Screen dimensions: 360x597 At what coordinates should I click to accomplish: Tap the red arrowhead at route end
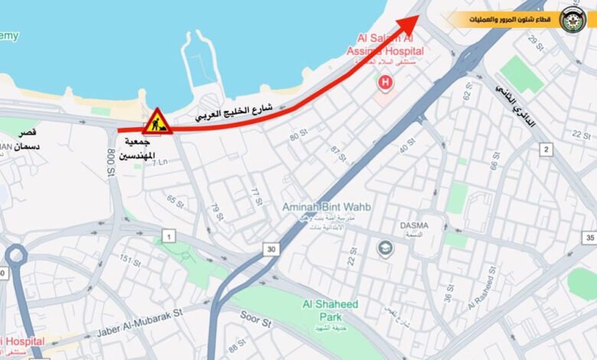tap(411, 22)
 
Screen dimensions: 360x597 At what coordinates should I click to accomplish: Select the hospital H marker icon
tap(385, 81)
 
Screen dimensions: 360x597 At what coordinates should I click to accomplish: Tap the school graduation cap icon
tap(384, 247)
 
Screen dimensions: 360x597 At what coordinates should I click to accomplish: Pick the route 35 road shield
tap(589, 238)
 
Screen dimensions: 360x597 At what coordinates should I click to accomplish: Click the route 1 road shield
tap(168, 237)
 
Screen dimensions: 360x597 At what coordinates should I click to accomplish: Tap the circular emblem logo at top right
tap(573, 19)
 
